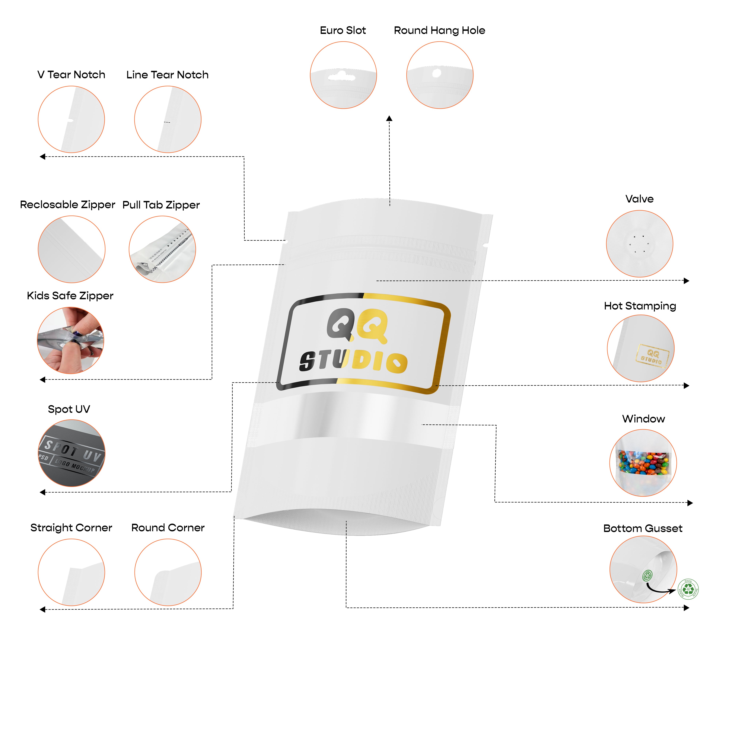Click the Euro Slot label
tap(343, 31)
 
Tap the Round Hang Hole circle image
tap(440, 75)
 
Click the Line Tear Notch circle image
tap(167, 119)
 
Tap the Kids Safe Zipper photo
tap(71, 340)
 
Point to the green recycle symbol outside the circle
tap(688, 589)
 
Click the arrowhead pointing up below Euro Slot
tap(389, 118)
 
